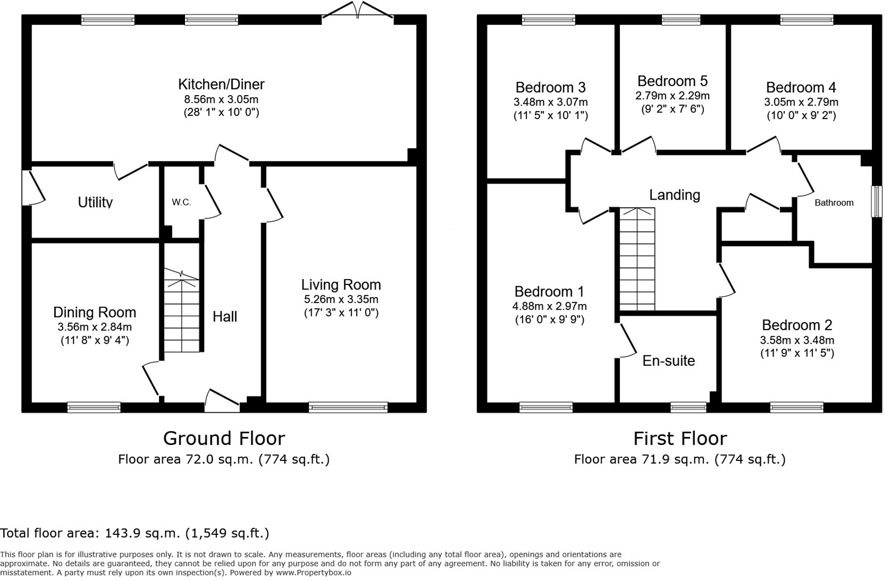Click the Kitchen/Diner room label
tap(221, 85)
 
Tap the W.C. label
tap(181, 202)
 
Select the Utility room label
tap(95, 202)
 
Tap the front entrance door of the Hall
tap(223, 401)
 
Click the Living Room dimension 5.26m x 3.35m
tap(341, 299)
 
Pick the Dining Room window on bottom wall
tap(94, 407)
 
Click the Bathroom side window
tap(876, 201)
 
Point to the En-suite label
tap(668, 361)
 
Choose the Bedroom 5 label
tap(672, 81)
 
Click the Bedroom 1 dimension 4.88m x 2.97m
tap(549, 306)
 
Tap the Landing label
tap(674, 195)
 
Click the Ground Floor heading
tap(224, 438)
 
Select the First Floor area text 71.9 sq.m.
tap(679, 459)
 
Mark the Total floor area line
tap(135, 533)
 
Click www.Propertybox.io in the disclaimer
tap(314, 572)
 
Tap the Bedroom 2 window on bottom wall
tap(796, 407)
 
